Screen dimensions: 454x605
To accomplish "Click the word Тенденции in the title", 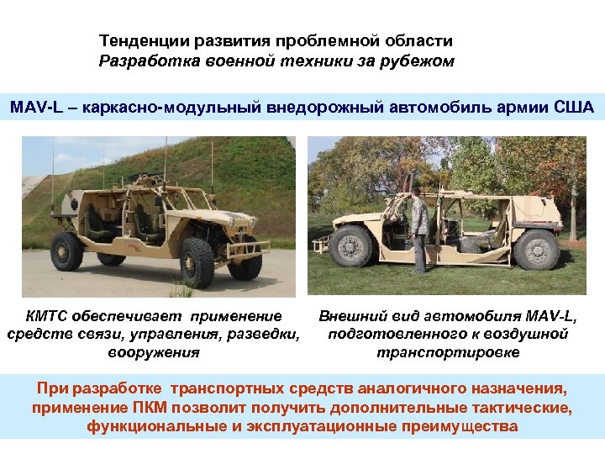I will pos(139,40).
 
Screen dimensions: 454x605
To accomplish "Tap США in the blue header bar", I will pos(574,108).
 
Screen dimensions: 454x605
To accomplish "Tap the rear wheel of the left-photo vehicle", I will pos(67,251).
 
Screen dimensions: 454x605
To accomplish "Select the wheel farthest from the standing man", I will pos(536,249).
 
